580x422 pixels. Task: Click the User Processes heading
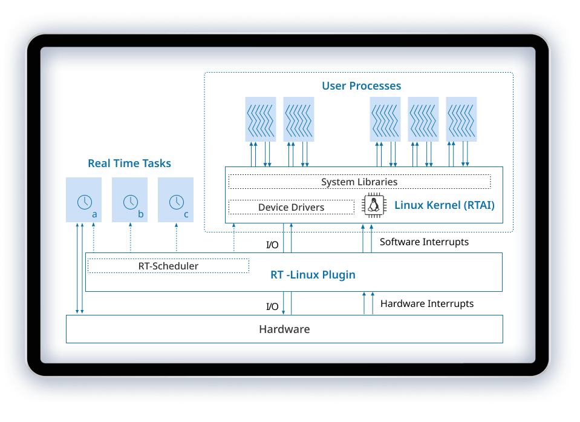point(361,86)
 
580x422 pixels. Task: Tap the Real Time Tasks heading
point(129,163)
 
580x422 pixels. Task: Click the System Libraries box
point(359,182)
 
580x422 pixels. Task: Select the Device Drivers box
point(291,207)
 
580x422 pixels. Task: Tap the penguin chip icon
point(374,205)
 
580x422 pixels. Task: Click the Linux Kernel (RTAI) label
point(445,205)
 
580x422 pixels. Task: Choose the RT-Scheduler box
point(168,266)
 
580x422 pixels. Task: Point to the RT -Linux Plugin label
point(313,275)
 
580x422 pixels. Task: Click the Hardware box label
point(284,329)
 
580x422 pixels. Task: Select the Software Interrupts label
point(424,242)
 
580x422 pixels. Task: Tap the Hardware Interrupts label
point(427,303)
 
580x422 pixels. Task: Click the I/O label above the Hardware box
point(272,306)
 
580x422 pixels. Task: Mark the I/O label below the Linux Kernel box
point(272,245)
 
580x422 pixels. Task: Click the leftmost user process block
point(261,119)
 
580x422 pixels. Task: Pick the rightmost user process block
point(461,119)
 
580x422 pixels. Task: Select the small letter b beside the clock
point(141,214)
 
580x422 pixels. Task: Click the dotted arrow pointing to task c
point(176,237)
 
